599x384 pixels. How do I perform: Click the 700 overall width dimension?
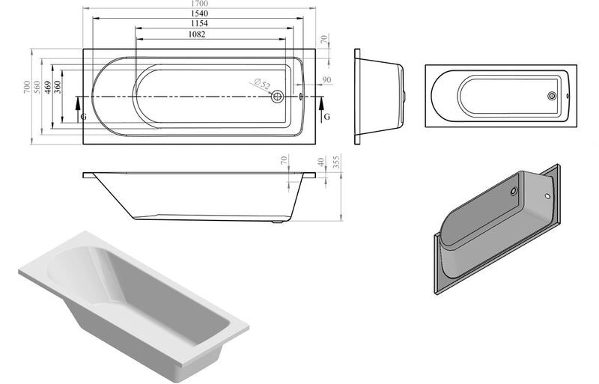(x=26, y=89)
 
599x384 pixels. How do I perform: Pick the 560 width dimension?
(x=37, y=89)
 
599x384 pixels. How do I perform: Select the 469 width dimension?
(x=47, y=89)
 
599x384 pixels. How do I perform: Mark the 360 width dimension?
(x=58, y=89)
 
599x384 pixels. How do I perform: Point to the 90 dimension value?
(x=326, y=79)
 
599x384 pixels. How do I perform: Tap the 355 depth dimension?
(x=338, y=162)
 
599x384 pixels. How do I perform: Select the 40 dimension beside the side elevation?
(x=322, y=162)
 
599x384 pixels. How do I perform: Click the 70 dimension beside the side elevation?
(x=284, y=162)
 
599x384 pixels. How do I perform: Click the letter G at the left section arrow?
(x=82, y=118)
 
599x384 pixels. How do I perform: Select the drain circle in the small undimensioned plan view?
(x=552, y=96)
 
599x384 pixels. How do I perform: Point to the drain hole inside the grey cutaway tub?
(x=514, y=192)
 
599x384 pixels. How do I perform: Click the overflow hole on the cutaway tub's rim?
(x=549, y=196)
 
